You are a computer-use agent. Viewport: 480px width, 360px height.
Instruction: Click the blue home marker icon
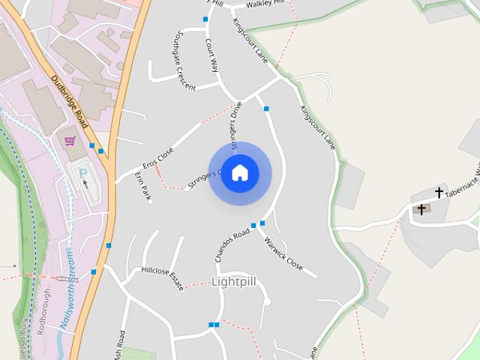[240, 173]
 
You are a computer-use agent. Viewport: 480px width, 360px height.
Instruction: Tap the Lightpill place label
[234, 282]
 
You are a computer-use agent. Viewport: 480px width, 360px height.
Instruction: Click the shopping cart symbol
[70, 141]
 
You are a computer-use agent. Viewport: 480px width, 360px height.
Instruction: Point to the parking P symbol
[82, 172]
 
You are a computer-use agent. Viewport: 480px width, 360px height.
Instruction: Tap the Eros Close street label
[158, 157]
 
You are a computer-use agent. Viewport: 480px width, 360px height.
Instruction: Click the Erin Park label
[142, 185]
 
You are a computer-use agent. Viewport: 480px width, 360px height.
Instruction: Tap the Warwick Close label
[283, 254]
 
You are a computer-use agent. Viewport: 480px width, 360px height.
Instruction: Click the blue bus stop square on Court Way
[205, 19]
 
